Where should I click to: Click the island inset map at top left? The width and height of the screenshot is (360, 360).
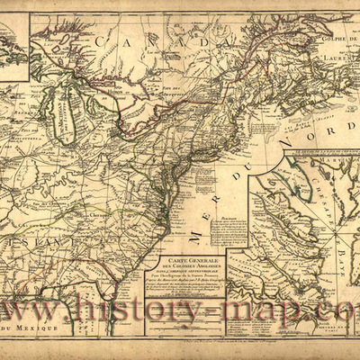(16, 49)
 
